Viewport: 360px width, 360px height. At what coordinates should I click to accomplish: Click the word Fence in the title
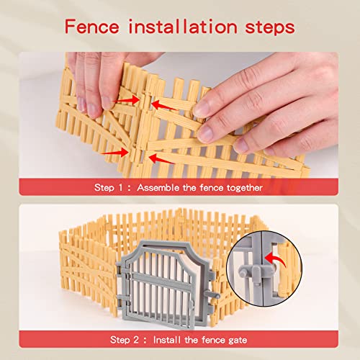(92, 27)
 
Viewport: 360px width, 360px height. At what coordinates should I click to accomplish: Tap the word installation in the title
(183, 27)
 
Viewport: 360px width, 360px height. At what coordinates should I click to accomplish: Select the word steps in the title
(270, 27)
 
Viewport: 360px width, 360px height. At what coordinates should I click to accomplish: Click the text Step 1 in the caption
(109, 187)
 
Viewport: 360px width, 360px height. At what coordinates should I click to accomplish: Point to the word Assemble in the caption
(158, 187)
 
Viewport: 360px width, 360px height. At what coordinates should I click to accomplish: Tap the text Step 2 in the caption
(125, 340)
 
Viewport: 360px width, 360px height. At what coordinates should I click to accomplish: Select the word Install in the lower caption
(167, 340)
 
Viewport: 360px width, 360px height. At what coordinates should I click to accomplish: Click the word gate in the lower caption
(238, 341)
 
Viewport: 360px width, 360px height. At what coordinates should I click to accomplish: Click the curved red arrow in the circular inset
(276, 257)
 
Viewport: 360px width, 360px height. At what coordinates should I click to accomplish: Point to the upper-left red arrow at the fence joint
(127, 101)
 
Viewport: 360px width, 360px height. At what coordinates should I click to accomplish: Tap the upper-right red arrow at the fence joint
(164, 106)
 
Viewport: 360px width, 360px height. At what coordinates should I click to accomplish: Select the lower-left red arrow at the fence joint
(115, 153)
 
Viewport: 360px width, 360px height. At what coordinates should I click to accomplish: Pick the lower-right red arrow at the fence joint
(161, 159)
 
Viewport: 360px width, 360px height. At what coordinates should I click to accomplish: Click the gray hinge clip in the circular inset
(256, 273)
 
